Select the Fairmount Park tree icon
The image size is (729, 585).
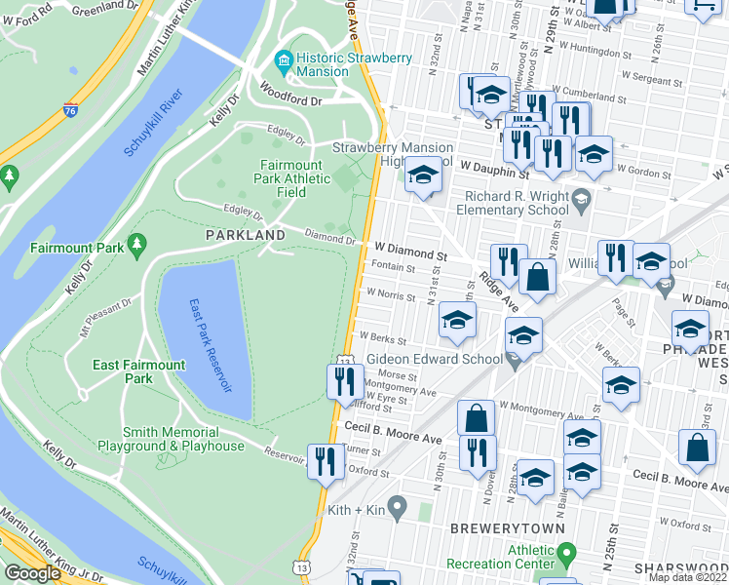[136, 243]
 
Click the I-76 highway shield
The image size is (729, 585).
[70, 110]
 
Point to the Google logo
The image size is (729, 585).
[32, 573]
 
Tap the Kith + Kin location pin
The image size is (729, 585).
[397, 507]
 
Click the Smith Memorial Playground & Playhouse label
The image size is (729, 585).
[183, 439]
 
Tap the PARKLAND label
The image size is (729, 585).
[245, 235]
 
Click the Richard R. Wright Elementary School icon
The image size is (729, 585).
[581, 199]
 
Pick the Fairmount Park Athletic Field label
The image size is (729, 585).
[294, 179]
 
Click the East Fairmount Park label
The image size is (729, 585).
[139, 371]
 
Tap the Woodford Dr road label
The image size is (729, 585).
[289, 100]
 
